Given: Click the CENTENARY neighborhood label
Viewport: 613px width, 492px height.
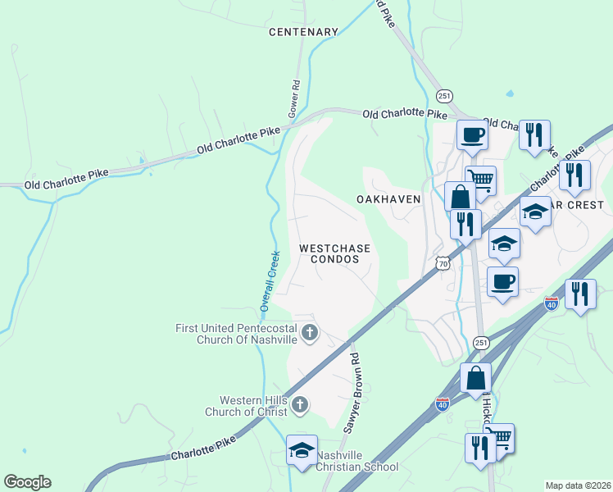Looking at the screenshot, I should (303, 32).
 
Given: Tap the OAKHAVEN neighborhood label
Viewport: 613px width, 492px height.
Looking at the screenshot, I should (388, 199).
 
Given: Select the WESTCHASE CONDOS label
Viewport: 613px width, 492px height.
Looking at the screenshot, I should (334, 253).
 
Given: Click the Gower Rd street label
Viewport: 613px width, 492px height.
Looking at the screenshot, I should (293, 98).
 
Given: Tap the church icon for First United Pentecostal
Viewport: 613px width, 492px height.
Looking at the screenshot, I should (309, 332).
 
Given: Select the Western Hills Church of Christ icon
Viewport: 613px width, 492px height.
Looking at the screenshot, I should (301, 403).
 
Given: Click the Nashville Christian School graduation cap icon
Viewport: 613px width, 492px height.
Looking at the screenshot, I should (302, 450).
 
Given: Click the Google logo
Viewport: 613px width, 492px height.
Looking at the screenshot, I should (27, 482).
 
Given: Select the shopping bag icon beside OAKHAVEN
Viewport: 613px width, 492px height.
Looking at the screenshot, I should (460, 197).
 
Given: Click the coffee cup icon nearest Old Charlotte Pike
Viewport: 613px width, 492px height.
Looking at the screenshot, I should (472, 134).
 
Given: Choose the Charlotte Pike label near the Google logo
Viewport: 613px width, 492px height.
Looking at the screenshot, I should (202, 448).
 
